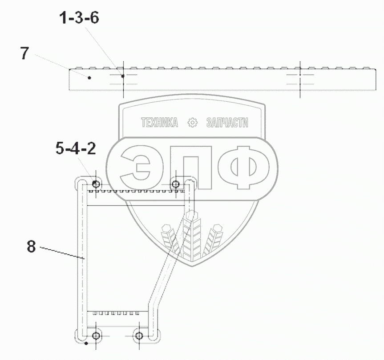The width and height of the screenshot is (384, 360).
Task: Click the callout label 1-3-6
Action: click(79, 18)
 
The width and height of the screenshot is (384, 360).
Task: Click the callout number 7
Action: click(24, 53)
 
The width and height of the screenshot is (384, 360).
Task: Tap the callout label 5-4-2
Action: click(76, 149)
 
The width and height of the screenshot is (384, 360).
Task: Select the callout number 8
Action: click(31, 246)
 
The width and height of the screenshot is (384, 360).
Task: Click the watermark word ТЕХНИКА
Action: click(159, 122)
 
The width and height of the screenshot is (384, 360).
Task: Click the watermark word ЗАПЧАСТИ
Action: click(227, 122)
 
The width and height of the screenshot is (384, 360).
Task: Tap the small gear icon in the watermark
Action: click(193, 122)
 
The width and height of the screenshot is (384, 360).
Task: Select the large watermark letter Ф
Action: click(244, 168)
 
